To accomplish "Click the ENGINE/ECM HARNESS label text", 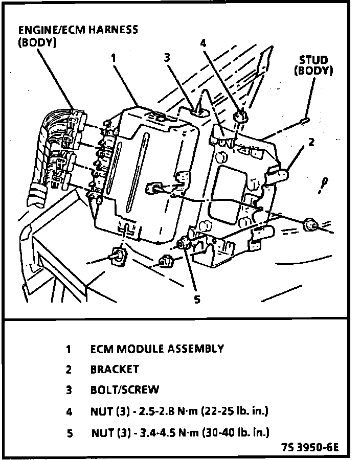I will point(78,29).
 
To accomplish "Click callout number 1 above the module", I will point(114,58).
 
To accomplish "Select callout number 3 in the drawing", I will point(167,57).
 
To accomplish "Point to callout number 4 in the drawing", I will point(203,43).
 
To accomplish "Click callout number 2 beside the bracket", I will point(311,142).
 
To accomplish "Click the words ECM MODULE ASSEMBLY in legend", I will point(157,349).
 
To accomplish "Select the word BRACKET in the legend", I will point(115,369).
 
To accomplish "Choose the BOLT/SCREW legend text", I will point(125,390).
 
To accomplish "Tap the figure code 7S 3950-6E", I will point(309,449).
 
